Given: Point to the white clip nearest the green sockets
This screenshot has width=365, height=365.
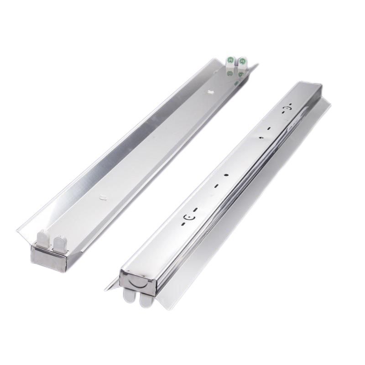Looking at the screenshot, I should pyautogui.click(x=210, y=91).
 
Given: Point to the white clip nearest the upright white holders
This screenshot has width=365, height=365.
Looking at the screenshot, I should pyautogui.click(x=103, y=197).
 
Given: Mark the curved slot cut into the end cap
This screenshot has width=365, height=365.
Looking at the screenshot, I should pyautogui.click(x=138, y=282).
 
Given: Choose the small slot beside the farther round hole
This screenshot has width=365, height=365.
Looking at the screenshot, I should pyautogui.click(x=269, y=129).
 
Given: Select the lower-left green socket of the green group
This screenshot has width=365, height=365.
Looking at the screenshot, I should pyautogui.click(x=228, y=72).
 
